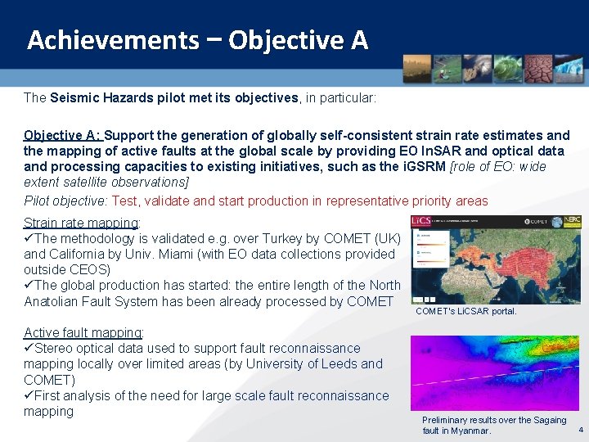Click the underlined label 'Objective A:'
(x=62, y=135)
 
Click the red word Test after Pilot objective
(x=125, y=201)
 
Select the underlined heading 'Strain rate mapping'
(x=81, y=223)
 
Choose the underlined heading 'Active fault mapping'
(x=83, y=332)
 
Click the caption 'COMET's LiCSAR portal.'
(x=465, y=311)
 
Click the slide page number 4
(x=581, y=431)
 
